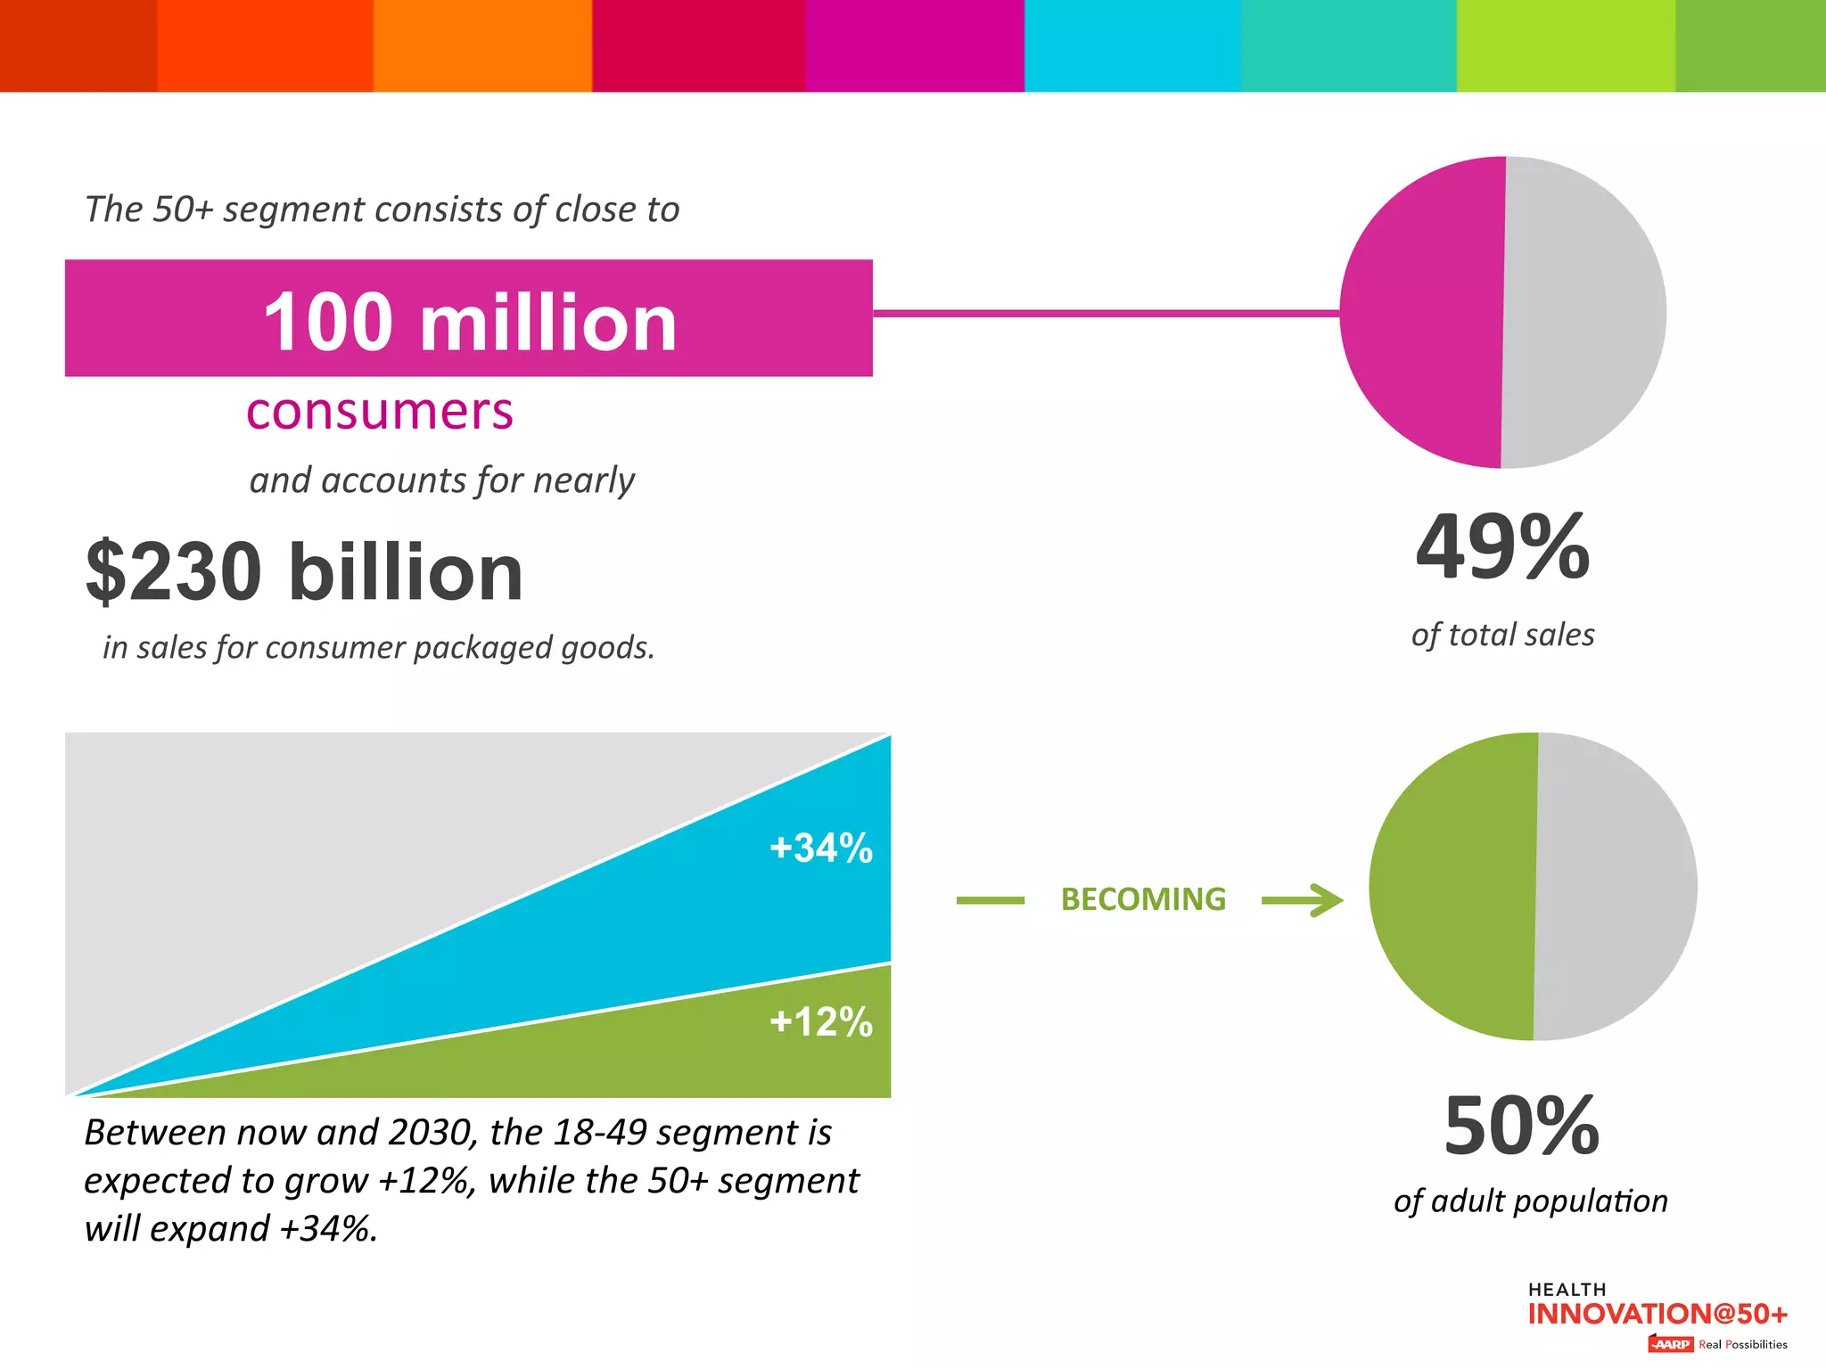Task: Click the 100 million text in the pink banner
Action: (x=470, y=323)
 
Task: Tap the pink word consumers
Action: (x=380, y=412)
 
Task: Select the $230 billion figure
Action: (x=304, y=571)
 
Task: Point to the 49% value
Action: (x=1503, y=547)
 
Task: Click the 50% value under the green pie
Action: (x=1521, y=1126)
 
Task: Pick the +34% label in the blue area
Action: (x=820, y=848)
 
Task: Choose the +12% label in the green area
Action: (x=820, y=1021)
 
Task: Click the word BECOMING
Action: (x=1143, y=899)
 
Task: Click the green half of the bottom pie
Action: (x=1453, y=887)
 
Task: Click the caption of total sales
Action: (x=1502, y=635)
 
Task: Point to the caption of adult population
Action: (x=1530, y=1201)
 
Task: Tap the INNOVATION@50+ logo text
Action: (x=1657, y=1314)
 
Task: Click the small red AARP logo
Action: (x=1670, y=1344)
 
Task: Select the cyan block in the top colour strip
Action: (x=1131, y=45)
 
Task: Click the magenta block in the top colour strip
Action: (x=915, y=45)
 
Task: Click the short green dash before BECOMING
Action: (x=990, y=900)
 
